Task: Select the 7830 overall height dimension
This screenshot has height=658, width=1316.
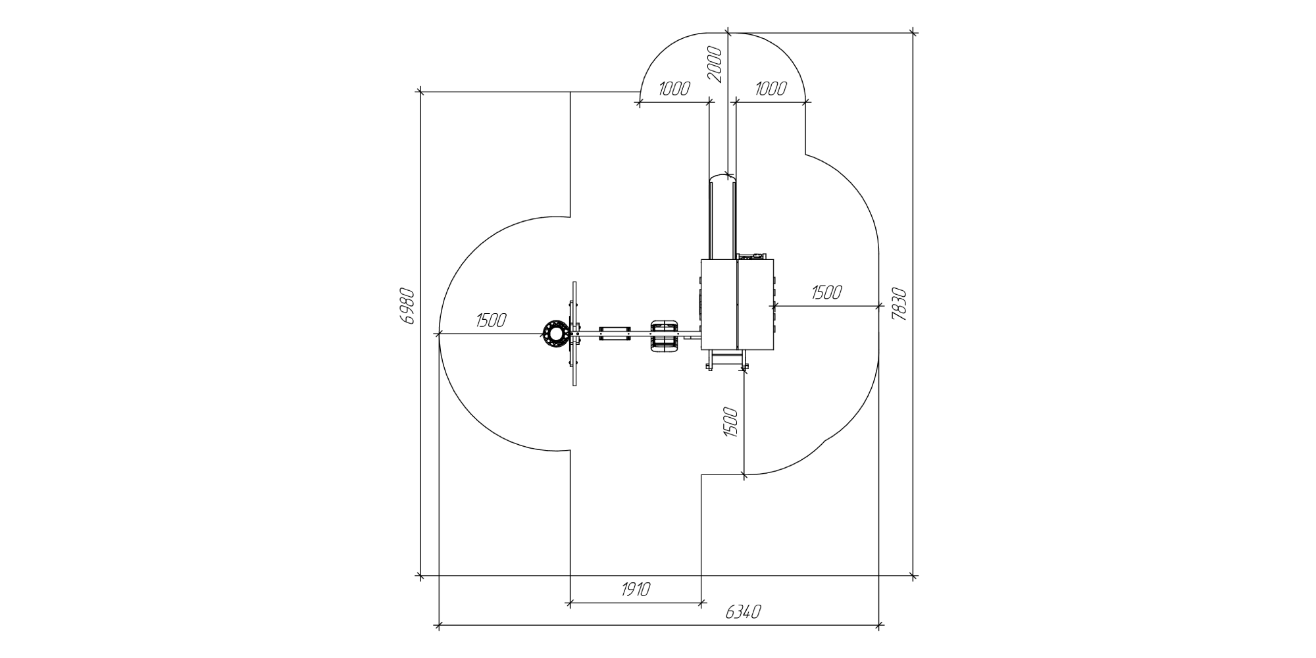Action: pos(899,304)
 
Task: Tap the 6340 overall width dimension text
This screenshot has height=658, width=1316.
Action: pos(744,612)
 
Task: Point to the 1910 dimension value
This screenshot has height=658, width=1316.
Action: pos(636,589)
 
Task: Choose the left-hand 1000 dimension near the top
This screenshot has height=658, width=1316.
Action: pos(674,89)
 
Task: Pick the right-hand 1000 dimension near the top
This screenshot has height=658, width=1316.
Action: pos(770,89)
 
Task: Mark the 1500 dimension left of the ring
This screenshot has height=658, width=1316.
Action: pos(491,320)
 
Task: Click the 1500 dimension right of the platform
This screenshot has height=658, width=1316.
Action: pos(826,292)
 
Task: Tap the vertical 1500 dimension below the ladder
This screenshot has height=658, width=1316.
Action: pos(730,422)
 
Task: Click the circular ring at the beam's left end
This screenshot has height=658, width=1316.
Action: pos(556,334)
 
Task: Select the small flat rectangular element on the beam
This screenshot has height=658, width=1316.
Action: pos(615,334)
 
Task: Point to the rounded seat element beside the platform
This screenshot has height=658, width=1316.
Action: pos(665,336)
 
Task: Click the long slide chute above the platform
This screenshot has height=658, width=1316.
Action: pos(722,217)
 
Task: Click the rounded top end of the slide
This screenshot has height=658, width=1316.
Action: pos(722,176)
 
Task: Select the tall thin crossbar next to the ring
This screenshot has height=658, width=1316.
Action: pos(575,334)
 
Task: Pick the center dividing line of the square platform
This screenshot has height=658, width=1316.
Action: pos(737,305)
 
